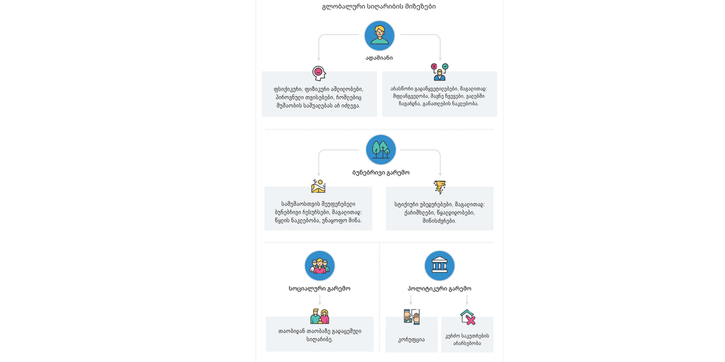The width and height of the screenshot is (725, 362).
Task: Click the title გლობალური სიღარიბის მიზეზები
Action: point(379,7)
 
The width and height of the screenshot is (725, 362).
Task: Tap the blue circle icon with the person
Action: point(379,36)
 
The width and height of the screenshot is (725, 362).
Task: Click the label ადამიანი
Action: point(379,58)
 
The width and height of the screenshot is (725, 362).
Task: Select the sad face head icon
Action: point(319,73)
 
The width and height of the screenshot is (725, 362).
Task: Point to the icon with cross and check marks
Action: point(439,72)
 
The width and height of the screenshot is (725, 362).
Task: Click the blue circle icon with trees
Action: point(381,150)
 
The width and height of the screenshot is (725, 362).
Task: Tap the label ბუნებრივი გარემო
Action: point(381,172)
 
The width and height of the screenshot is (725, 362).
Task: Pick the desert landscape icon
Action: point(318,186)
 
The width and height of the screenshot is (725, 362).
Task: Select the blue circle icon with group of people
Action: point(319,266)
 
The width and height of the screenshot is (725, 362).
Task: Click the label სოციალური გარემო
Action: point(319,289)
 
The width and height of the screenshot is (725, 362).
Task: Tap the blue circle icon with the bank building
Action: point(440,266)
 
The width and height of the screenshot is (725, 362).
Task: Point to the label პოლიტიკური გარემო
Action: point(440,289)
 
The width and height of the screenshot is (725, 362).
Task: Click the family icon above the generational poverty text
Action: point(319,316)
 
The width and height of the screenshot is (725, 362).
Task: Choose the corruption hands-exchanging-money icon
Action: point(411,316)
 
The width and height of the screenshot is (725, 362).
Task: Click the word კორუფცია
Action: point(411,340)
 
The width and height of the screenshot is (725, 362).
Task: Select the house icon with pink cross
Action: point(468,317)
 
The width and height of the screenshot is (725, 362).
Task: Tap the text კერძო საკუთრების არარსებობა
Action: point(467,339)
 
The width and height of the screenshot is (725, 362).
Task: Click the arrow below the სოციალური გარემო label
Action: point(319,300)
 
